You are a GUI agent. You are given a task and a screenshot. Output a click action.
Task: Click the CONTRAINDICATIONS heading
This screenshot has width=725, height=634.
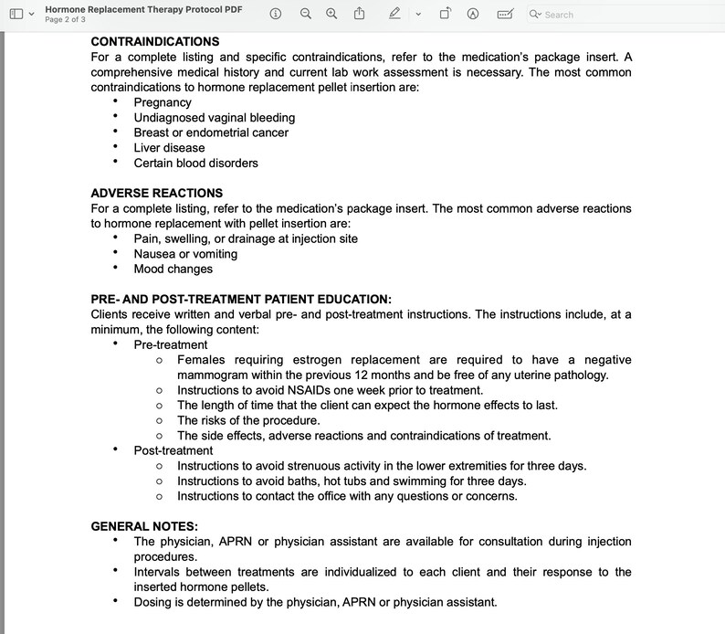click(155, 42)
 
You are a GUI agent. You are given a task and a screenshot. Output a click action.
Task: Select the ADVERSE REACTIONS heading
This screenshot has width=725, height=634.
click(156, 193)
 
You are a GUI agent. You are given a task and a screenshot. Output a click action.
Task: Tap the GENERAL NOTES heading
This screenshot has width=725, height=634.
click(144, 526)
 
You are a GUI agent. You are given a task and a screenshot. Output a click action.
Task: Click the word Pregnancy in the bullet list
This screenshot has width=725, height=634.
click(163, 102)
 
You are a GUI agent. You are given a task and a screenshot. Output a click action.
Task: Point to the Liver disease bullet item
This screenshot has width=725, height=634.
click(169, 148)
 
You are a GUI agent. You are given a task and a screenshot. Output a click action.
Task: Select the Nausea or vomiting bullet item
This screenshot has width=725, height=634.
click(185, 254)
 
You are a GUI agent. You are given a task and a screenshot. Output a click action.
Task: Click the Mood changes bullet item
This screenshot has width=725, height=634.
click(173, 269)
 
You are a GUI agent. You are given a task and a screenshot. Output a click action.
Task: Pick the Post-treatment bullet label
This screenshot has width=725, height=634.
click(173, 450)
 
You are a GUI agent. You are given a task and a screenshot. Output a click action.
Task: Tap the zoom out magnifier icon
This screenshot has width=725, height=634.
click(306, 14)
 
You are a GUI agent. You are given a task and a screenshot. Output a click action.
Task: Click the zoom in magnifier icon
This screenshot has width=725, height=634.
click(331, 14)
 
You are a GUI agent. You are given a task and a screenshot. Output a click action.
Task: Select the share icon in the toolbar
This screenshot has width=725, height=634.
click(359, 14)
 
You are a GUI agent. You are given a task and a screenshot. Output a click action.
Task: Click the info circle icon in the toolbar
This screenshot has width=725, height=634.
click(277, 14)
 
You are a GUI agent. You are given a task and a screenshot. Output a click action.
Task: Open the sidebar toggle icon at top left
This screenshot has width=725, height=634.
click(16, 14)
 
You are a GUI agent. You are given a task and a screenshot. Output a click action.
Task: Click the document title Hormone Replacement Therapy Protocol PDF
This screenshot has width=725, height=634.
click(143, 8)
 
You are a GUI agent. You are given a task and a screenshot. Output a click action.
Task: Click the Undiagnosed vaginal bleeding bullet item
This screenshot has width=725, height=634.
click(214, 118)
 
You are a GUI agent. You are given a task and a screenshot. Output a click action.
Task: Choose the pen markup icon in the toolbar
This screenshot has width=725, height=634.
click(394, 14)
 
